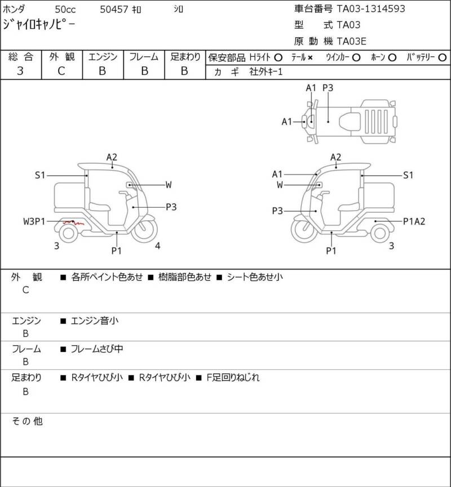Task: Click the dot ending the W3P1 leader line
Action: [73, 221]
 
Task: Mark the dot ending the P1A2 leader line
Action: [375, 221]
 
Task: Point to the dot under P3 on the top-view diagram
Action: [328, 122]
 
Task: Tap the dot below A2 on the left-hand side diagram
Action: [112, 167]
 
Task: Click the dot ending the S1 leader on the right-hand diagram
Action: [362, 176]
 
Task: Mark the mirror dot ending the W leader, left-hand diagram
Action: [130, 185]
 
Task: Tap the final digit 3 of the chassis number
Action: [402, 8]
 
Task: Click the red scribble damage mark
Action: [73, 222]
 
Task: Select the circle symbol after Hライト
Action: [278, 57]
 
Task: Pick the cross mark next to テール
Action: [310, 58]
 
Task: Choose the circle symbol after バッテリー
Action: [443, 57]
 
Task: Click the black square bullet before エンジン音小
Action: [63, 321]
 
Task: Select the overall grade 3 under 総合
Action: [20, 71]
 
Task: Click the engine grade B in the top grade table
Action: [103, 71]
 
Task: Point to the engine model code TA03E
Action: [351, 41]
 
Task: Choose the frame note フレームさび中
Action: [97, 349]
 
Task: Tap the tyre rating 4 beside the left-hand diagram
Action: [158, 246]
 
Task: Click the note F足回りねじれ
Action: [233, 378]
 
